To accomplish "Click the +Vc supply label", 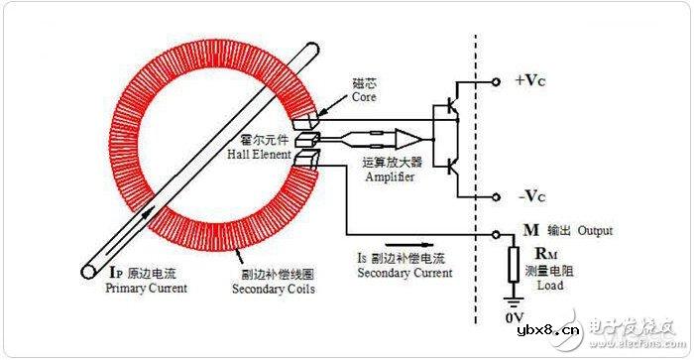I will point(531,80).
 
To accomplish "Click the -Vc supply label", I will point(530,195).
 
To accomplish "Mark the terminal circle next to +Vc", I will point(496,80).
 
